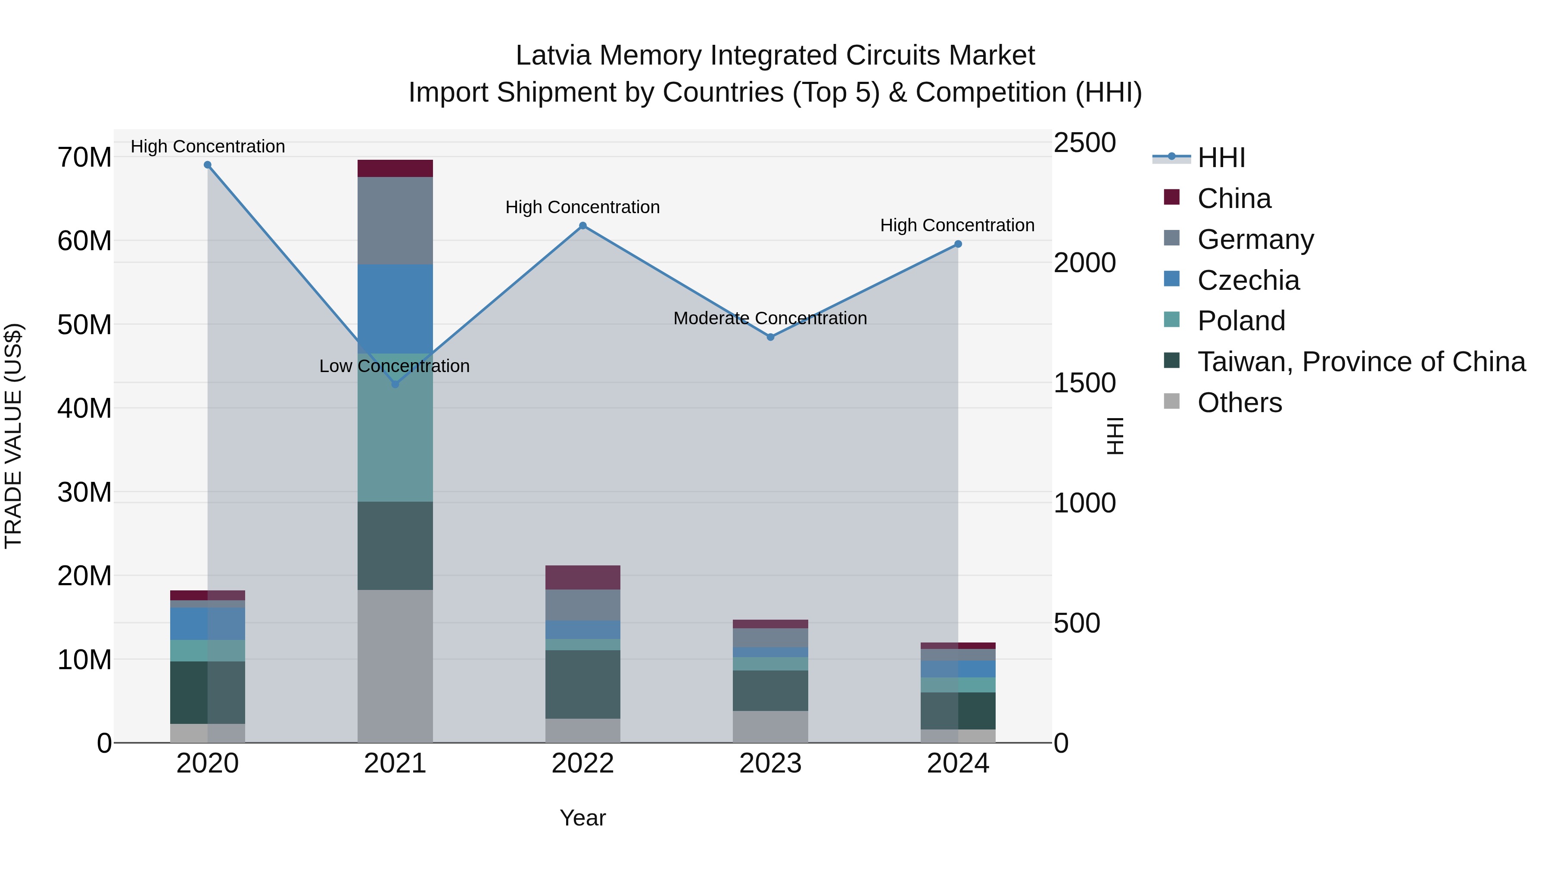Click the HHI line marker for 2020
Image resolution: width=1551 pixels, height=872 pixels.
pos(208,165)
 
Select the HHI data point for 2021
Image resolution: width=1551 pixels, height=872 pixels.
pos(395,384)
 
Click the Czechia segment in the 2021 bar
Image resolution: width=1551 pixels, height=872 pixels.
pos(395,308)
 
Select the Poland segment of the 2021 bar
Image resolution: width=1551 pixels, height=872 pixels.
pos(395,427)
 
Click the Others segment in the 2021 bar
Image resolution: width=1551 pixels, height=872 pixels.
pos(395,666)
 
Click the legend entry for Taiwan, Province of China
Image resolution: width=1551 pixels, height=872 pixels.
pos(1361,362)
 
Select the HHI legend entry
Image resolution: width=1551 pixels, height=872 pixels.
pos(1221,158)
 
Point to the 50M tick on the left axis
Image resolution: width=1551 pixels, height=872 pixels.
pos(84,325)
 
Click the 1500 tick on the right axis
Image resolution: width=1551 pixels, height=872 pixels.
pos(1084,383)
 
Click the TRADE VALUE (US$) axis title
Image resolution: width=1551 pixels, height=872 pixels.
pos(13,436)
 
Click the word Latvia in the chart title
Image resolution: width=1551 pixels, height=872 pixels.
pos(553,56)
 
